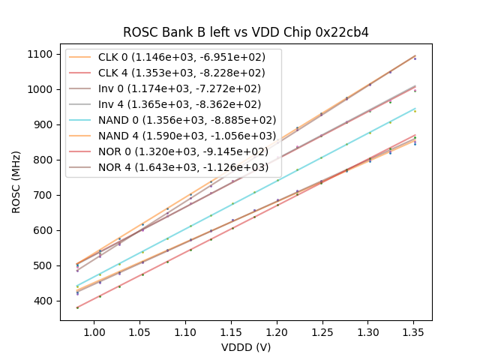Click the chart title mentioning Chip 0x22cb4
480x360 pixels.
coord(246,32)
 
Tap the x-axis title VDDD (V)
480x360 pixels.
coord(246,347)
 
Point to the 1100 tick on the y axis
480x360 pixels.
coord(41,54)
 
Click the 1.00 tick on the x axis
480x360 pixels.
coord(94,331)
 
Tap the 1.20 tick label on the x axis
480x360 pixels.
coord(277,331)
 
